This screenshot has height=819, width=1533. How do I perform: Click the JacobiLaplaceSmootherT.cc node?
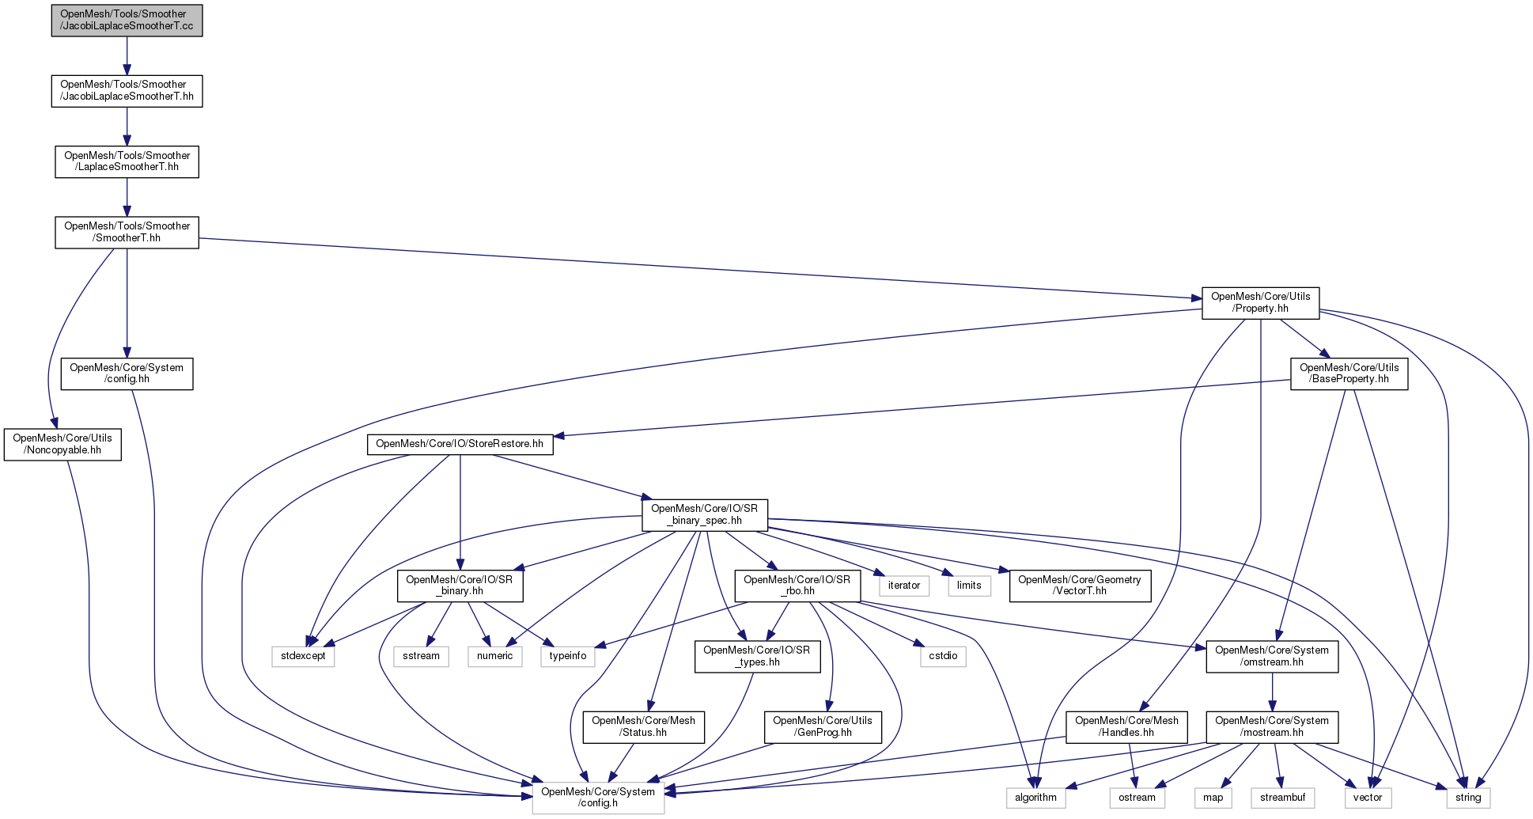[x=127, y=20]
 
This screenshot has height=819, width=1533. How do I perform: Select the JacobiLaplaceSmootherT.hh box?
[x=127, y=90]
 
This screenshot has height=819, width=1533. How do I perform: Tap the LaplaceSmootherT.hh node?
[x=127, y=161]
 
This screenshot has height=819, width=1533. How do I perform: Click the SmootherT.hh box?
[x=127, y=232]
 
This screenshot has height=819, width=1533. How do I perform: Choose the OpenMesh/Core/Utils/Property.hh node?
[x=1260, y=303]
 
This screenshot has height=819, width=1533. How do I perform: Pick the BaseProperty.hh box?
[x=1349, y=373]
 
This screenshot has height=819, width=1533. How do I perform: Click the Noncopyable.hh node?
[x=62, y=444]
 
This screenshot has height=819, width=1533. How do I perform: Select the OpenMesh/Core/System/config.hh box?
[x=127, y=373]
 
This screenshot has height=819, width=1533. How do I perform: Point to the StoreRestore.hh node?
[x=460, y=444]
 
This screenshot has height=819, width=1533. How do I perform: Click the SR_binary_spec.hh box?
[x=704, y=514]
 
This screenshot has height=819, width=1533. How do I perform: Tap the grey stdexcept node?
[x=303, y=656]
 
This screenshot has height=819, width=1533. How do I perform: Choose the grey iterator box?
[x=903, y=586]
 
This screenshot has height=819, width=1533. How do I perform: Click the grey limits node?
[x=969, y=586]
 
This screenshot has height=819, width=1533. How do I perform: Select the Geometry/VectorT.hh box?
[x=1080, y=586]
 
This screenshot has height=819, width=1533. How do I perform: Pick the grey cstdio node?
[x=943, y=656]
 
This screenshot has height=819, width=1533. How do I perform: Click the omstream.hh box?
[x=1272, y=656]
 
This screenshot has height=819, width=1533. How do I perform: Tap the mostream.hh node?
[x=1272, y=726]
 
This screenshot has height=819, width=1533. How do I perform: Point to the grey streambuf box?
[x=1282, y=798]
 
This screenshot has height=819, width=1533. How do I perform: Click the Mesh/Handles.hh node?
[x=1126, y=726]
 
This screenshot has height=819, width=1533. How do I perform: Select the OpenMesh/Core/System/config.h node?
[x=598, y=798]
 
